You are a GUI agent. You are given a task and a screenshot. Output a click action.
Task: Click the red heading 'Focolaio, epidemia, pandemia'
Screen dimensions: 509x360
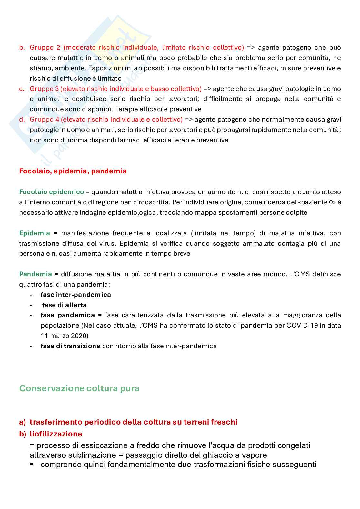[73, 171]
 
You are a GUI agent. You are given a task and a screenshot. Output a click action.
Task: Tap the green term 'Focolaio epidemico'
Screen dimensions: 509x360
[52, 192]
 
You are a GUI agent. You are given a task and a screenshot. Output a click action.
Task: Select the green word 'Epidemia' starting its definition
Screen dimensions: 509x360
[35, 233]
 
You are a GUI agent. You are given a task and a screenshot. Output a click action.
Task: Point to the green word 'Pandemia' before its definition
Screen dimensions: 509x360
[35, 274]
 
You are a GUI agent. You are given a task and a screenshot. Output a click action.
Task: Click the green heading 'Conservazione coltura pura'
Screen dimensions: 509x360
[79, 388]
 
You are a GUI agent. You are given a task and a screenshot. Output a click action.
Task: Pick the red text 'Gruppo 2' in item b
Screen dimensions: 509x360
[45, 48]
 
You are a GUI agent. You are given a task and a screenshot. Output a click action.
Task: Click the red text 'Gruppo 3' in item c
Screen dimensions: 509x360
[44, 89]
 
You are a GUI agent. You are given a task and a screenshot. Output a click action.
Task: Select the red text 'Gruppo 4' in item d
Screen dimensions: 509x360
[44, 119]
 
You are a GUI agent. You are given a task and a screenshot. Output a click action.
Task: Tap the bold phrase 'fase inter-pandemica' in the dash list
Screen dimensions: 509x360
[75, 295]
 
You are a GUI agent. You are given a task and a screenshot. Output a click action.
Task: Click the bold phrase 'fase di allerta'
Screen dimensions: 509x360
[65, 305]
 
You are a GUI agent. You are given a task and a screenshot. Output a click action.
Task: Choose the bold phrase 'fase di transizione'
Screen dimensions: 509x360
[70, 346]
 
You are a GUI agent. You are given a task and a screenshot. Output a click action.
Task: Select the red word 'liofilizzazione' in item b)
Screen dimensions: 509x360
[56, 434]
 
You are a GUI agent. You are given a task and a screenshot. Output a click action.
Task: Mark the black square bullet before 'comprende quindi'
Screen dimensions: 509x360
[32, 465]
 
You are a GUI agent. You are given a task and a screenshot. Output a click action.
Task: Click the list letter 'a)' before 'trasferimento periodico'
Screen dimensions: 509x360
[22, 422]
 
